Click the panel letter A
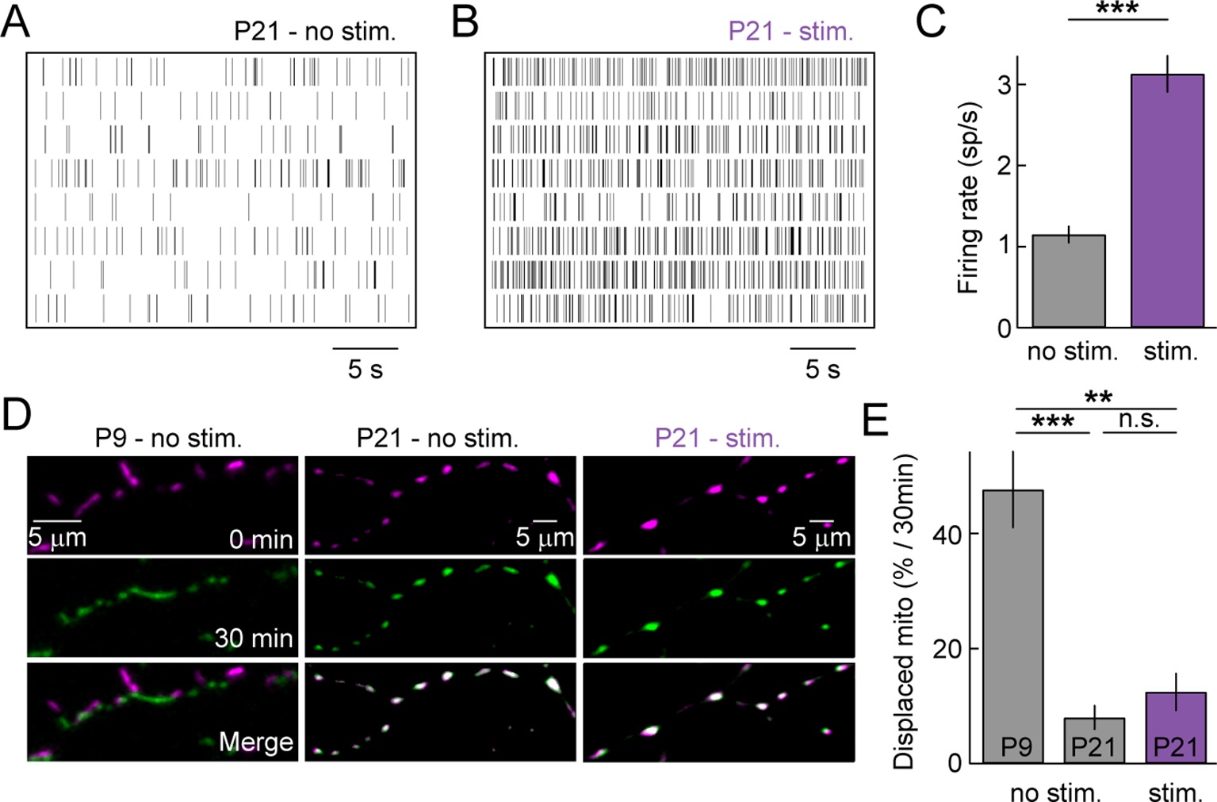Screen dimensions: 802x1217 16,21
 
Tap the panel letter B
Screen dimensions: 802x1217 465,21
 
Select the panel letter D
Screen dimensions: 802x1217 16,414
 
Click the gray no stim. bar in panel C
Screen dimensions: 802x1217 1068,281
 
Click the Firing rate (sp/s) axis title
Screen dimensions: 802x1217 969,198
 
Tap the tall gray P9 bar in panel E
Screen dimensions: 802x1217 1012,627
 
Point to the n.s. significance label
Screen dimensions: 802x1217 1139,419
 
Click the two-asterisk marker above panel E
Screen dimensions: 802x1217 1098,397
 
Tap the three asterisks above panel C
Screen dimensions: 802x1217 1117,10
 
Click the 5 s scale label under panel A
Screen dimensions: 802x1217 365,369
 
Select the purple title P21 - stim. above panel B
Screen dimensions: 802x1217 790,32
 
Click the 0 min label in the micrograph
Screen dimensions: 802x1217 261,539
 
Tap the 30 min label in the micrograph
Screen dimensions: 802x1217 254,638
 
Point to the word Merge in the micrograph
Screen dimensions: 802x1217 255,742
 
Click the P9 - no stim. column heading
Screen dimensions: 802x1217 168,438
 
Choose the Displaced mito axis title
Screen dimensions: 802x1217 904,611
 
